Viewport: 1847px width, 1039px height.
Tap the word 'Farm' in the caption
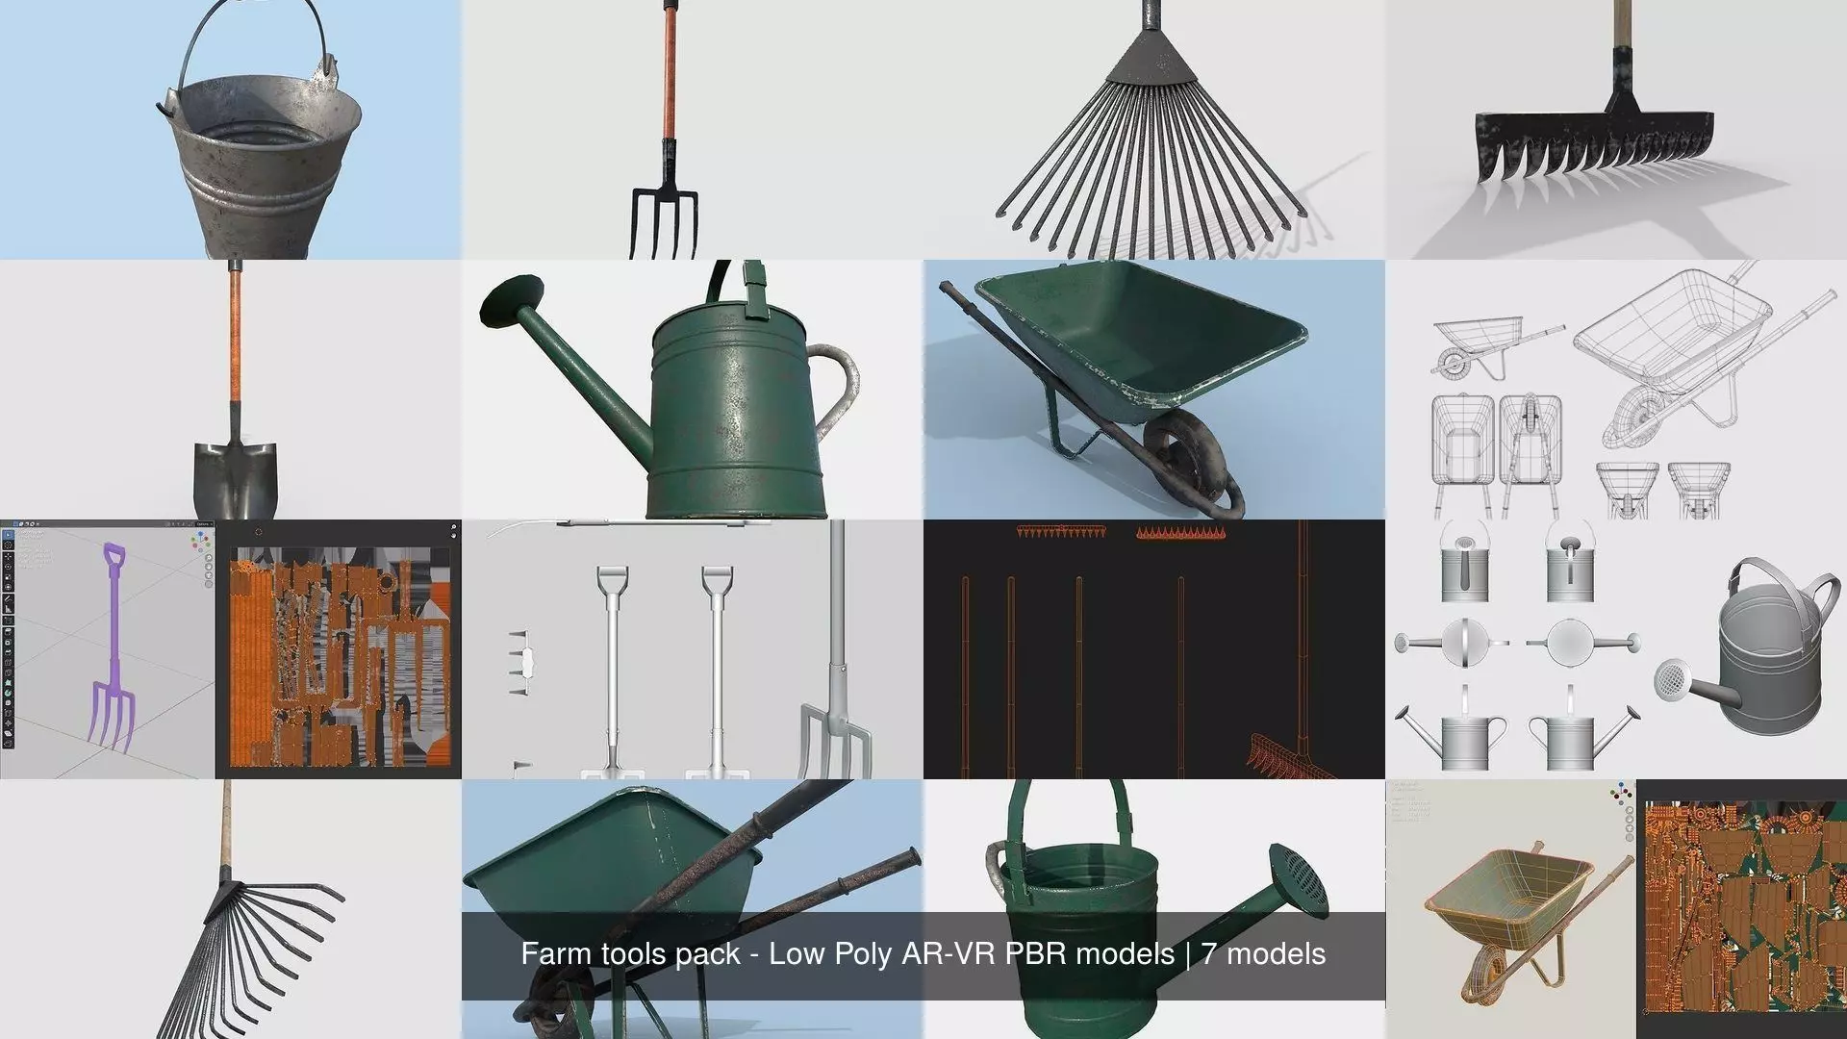click(x=553, y=954)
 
